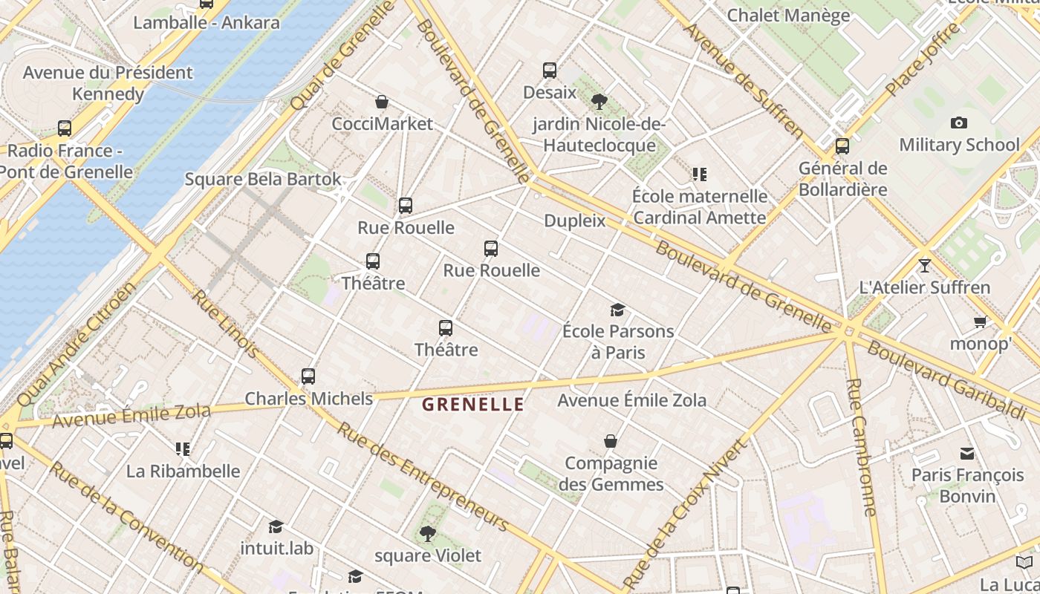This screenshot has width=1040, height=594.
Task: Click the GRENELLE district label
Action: pos(473,405)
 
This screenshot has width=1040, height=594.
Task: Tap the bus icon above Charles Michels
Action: pos(308,376)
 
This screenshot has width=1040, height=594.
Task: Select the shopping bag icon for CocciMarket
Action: pos(382,102)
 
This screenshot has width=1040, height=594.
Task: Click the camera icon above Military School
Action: pos(959,123)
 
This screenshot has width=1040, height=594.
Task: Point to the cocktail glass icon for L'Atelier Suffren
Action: pos(924,265)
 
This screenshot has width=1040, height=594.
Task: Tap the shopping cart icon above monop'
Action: pos(981,322)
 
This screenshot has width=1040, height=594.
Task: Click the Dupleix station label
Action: pos(575,221)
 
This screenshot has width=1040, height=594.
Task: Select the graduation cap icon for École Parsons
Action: pos(617,310)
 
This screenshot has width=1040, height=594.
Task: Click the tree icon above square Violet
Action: pos(427,533)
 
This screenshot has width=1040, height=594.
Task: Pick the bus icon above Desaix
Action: pos(550,71)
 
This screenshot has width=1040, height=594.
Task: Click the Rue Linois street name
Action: pos(226,323)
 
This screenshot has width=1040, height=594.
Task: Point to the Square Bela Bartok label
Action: pos(263,179)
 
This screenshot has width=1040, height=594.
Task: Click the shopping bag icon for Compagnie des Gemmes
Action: pos(611,441)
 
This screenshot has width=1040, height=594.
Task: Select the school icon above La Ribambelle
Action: pos(183,448)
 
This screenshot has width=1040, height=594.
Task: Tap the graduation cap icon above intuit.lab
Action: pos(276,526)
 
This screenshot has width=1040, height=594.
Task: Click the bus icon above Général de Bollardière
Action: pos(842,146)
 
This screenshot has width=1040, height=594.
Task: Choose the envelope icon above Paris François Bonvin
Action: pos(967,453)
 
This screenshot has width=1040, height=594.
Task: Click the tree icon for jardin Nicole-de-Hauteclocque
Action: pos(599,101)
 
